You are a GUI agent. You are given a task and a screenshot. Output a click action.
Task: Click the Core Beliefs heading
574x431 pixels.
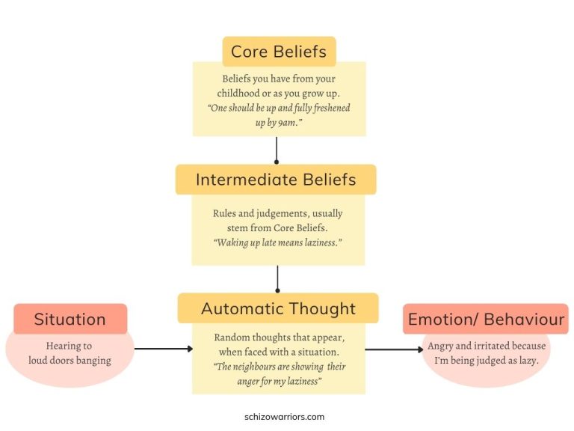[x=279, y=52]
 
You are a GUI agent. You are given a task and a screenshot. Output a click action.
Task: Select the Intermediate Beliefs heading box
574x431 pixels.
[x=276, y=180]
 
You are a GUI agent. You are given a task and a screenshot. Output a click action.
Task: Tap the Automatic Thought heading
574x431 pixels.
[x=278, y=308]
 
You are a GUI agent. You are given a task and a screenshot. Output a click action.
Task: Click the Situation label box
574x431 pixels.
[x=70, y=320]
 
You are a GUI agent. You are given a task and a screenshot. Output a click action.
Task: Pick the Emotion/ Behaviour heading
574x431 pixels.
[x=486, y=320]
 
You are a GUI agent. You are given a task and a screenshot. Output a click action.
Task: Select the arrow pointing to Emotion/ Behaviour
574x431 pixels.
[x=394, y=349]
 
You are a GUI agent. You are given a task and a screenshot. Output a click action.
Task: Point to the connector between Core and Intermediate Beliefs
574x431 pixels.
[x=277, y=150]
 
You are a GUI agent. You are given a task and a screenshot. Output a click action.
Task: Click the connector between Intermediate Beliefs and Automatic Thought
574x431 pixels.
[x=277, y=278]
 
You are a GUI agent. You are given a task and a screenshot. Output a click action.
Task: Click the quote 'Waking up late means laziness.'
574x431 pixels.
[x=278, y=243]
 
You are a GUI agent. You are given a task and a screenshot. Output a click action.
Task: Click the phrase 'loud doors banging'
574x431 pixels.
[x=70, y=361]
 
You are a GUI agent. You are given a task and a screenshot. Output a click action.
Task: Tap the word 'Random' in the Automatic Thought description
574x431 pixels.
[x=232, y=337]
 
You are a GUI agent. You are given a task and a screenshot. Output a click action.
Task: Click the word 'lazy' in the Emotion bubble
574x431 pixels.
[x=526, y=361]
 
